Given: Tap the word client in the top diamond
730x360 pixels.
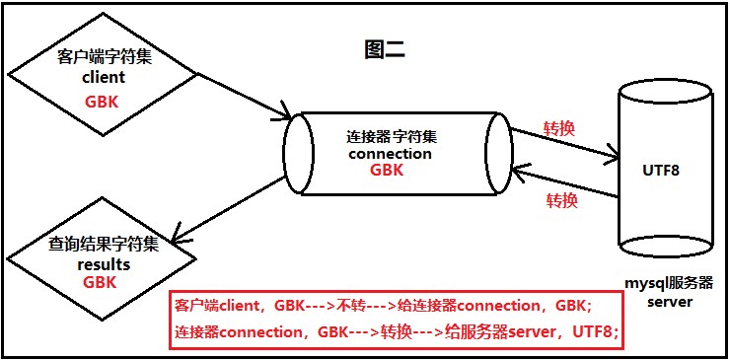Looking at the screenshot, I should pos(103,77).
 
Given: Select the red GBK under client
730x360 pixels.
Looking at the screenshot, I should pos(103,100).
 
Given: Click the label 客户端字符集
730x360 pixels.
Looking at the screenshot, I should pos(103,57).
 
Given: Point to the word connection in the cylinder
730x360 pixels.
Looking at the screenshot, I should pos(391,153).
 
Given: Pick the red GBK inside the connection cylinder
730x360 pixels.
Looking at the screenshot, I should pos(387,170).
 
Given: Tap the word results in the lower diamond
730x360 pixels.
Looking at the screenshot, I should pos(103,264).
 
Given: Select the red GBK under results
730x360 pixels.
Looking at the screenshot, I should pos(100,282).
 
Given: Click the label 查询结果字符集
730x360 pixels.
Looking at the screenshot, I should pos(103,245).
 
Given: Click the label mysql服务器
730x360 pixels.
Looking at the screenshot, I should pos(662,282).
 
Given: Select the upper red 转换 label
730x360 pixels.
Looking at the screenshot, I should pos(560,129).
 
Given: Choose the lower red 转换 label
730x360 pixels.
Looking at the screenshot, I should pos(562,200).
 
